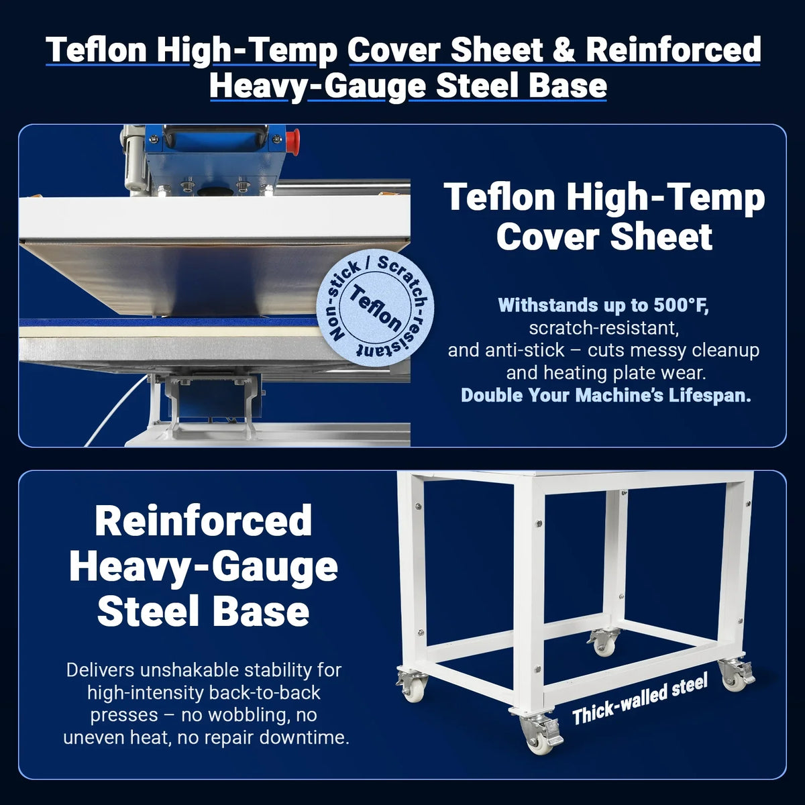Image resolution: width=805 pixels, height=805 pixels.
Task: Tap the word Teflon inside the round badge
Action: [376, 309]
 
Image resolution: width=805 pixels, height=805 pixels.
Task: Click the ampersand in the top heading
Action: [563, 50]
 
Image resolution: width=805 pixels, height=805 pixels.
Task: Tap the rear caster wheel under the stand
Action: [605, 646]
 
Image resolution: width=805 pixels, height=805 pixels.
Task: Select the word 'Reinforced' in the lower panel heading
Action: [203, 521]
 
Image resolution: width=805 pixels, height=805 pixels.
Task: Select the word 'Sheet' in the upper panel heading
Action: [661, 237]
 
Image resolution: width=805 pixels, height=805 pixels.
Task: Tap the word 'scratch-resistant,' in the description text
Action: [604, 328]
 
